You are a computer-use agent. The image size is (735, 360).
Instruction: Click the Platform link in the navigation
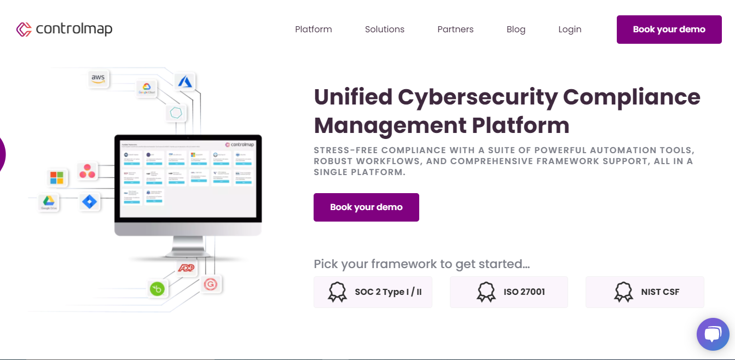coord(313,30)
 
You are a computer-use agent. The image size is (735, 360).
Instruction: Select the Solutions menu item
coord(384,30)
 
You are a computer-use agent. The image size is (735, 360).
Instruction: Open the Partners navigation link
coord(455,30)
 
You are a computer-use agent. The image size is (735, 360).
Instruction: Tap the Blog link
coord(516,30)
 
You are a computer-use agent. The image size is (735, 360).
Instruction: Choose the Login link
coord(570,30)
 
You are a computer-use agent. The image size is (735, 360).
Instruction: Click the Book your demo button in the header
coord(669,30)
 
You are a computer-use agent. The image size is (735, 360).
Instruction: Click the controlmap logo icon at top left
coord(24,30)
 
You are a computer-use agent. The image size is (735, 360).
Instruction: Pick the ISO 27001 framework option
coord(508,292)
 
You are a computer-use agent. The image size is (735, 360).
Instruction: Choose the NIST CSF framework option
coord(645,292)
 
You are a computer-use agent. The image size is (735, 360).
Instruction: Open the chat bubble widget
coord(713,334)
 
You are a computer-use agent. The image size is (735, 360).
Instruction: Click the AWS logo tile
coord(98,79)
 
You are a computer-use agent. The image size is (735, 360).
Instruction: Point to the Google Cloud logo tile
coord(146,88)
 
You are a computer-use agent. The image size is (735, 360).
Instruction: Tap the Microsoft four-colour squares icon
coord(57,178)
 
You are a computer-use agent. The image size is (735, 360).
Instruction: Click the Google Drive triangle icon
coord(49,202)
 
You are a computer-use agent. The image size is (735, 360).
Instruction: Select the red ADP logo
coord(187,268)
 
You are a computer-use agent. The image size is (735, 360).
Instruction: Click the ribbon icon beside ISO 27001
coord(486,292)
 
